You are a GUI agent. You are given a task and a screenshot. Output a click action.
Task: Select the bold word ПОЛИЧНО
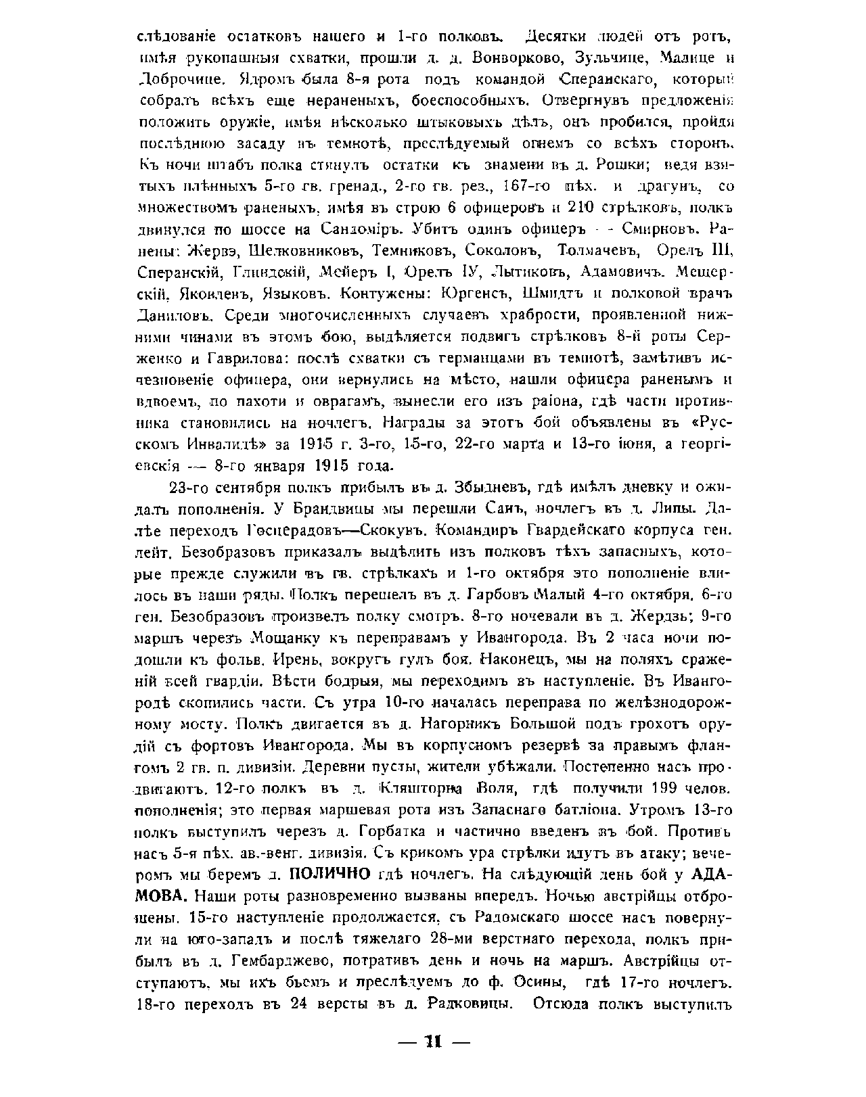[x=329, y=874]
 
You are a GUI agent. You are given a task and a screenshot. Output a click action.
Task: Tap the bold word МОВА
[x=162, y=897]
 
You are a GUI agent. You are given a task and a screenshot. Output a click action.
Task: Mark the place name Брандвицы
[x=319, y=509]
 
